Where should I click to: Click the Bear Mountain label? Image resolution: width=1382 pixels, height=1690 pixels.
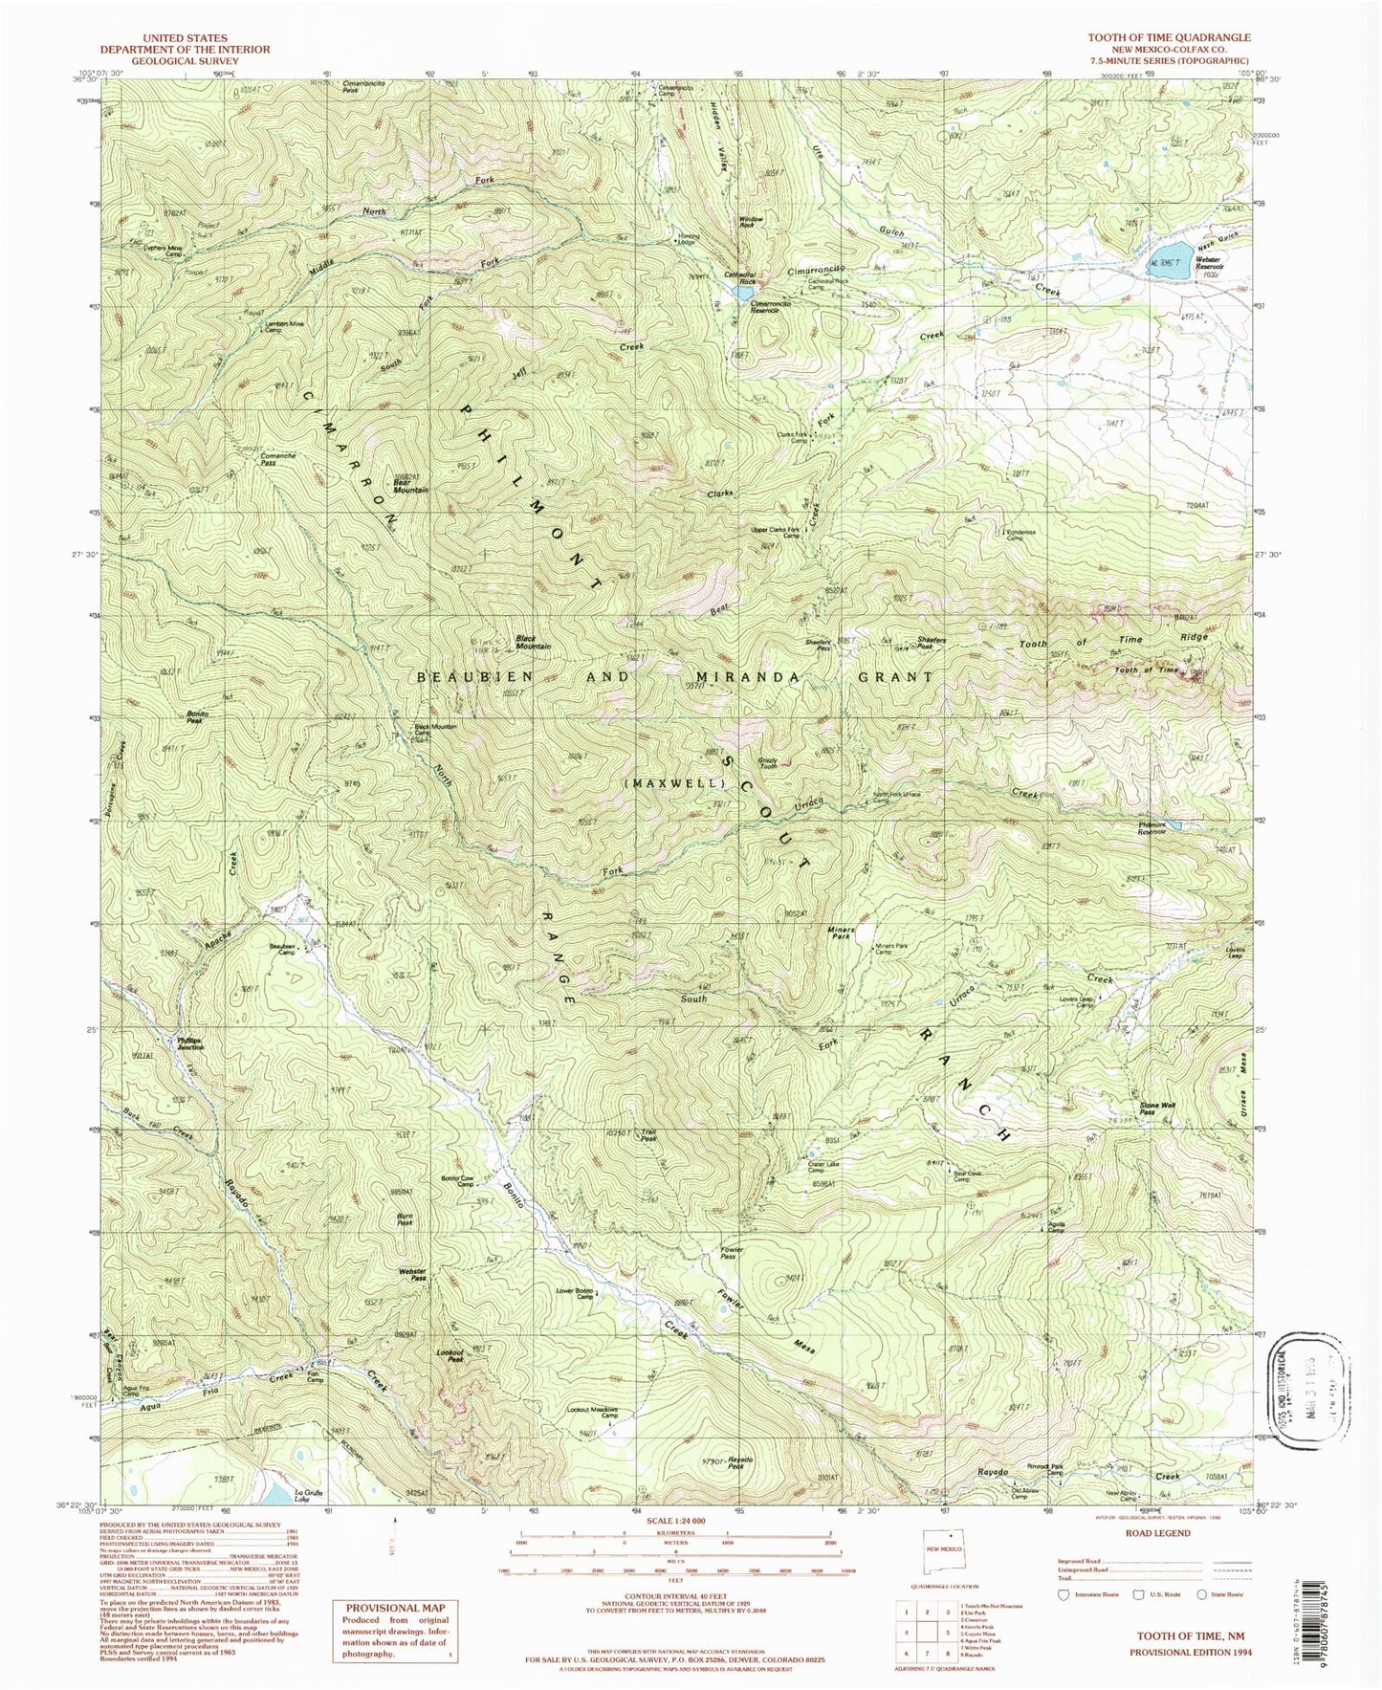(410, 486)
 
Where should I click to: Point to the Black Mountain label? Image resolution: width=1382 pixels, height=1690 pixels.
(533, 642)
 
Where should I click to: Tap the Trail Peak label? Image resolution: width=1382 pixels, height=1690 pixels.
(648, 1136)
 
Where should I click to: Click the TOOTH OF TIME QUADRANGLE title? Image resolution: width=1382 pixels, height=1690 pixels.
(1168, 37)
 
